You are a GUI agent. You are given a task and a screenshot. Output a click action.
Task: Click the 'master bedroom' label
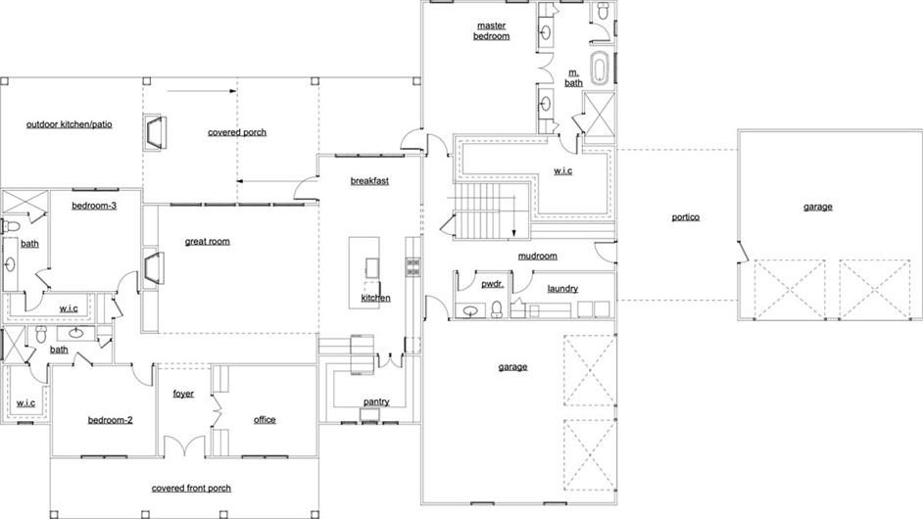coord(492,30)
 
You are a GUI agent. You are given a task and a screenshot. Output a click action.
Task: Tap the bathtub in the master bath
coord(600,69)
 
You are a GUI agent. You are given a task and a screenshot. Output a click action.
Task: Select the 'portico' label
coord(686,217)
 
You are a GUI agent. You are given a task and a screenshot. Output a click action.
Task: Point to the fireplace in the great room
coord(154,268)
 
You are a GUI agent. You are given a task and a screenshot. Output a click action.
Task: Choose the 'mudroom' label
coord(537,256)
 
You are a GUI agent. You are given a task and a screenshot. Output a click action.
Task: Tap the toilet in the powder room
coord(497,309)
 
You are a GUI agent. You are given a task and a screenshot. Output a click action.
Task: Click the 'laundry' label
coord(562,288)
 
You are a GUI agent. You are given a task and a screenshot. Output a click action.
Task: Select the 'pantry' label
coord(376,401)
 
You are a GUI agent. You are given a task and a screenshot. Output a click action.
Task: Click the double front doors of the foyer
coord(185,446)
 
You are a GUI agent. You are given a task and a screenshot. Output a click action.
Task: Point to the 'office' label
coord(265,419)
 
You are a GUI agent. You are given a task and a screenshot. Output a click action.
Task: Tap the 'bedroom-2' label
coord(110,420)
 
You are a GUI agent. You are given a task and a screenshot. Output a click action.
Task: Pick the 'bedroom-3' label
coord(94,206)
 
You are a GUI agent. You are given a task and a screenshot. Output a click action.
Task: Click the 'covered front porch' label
coord(191,489)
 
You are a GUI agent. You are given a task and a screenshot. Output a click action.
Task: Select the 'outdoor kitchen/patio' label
coord(70,124)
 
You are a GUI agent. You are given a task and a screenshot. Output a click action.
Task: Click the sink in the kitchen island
coord(372,267)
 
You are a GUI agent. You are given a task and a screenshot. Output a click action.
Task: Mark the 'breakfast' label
coord(369,180)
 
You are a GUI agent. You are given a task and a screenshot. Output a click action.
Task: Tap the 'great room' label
coord(207,241)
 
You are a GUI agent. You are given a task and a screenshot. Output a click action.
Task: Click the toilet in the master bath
coord(603,10)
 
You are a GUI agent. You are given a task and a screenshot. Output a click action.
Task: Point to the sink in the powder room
coord(470,310)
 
